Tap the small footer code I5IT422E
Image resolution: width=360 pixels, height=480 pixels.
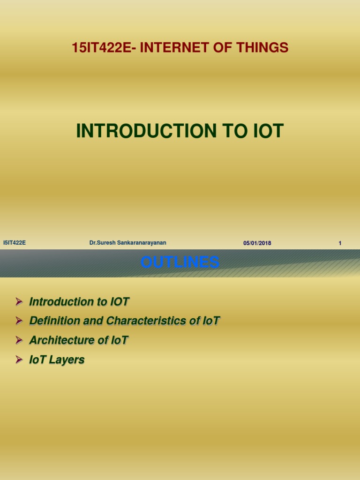click(x=14, y=242)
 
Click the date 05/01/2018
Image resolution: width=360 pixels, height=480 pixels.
click(x=257, y=243)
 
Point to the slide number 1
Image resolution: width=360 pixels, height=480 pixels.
click(x=340, y=243)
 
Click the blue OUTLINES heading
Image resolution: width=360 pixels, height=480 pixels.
click(x=180, y=262)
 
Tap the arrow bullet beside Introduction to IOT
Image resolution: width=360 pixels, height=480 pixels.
click(x=19, y=301)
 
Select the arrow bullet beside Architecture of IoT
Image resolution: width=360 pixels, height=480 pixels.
click(x=19, y=340)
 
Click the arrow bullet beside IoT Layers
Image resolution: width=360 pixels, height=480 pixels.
click(x=19, y=360)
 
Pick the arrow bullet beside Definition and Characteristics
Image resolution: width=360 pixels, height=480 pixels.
click(x=19, y=321)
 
